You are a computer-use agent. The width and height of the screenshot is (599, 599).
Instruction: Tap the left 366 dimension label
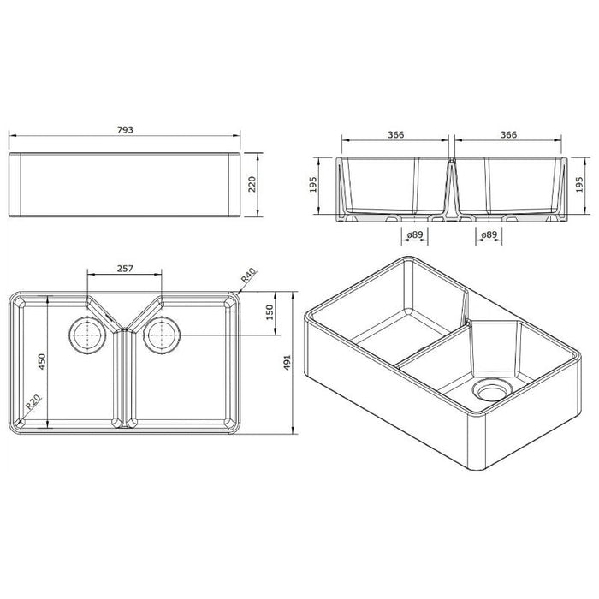pyautogui.click(x=395, y=133)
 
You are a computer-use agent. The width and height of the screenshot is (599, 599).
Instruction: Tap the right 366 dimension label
pyautogui.click(x=508, y=133)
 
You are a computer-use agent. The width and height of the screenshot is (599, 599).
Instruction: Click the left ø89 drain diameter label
pyautogui.click(x=415, y=234)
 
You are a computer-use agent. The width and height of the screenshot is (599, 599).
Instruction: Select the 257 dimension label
pyautogui.click(x=126, y=269)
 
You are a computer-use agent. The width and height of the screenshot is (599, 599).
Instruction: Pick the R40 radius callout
pyautogui.click(x=249, y=276)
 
